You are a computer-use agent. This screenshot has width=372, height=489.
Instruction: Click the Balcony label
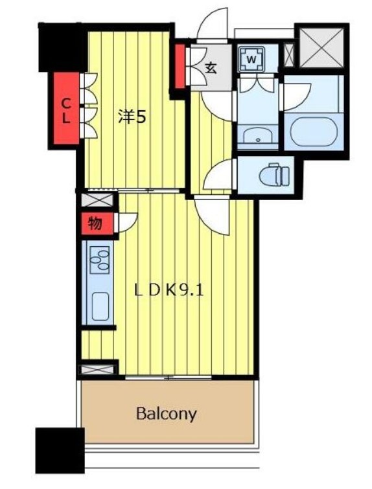coord(167,414)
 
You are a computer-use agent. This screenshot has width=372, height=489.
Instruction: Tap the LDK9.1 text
coord(169,291)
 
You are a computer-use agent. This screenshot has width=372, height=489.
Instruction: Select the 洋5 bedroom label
coord(132,117)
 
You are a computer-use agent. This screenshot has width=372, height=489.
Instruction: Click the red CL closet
coord(66,108)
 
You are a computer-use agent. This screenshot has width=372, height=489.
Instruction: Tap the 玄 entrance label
coord(211,68)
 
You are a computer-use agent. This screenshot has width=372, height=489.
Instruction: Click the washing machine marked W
coord(251,59)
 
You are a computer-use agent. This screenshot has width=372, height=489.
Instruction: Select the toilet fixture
coord(275,174)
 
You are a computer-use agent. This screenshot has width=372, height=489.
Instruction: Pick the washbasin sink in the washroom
coord(258,137)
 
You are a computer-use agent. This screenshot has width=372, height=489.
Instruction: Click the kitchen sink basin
coord(100,306)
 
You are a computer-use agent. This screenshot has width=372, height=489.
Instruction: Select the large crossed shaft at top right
coord(321,47)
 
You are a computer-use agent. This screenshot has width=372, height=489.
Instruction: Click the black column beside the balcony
coord(60,450)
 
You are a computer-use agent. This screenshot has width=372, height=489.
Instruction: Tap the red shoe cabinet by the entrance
coord(180,66)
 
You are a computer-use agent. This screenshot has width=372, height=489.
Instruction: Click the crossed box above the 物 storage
coord(97,200)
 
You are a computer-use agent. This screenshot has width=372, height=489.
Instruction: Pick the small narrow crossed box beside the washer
coord(289,55)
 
